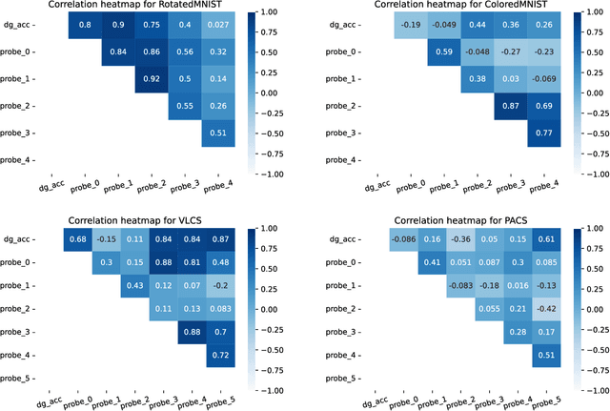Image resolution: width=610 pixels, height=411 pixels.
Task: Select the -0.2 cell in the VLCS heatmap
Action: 221,285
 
